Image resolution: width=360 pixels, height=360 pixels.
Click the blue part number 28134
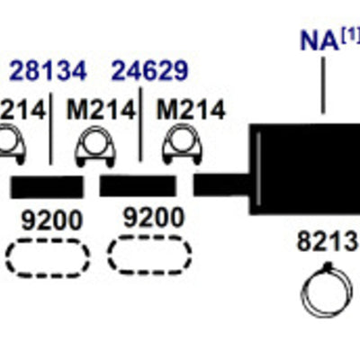pos(48,71)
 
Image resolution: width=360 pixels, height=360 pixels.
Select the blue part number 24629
pos(150,71)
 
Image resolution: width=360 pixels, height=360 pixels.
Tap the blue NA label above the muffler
pos(319,40)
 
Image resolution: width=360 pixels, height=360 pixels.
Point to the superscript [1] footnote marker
pos(350,37)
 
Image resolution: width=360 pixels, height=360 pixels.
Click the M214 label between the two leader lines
pos(102,110)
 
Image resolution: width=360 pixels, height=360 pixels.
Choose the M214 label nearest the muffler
pos(191,110)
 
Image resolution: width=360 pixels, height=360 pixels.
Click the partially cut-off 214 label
pos(22,110)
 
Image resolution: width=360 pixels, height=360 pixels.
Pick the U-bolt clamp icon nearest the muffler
pos(183,145)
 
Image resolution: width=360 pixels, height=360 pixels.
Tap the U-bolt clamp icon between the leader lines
pos(95,146)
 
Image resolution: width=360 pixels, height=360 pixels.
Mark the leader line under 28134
pos(50,129)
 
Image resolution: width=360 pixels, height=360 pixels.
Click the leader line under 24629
pos(140,124)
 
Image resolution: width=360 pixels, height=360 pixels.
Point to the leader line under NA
pos(323,85)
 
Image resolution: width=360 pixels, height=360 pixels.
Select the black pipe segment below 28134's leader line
pos(47,187)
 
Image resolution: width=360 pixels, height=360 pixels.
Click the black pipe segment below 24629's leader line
pos(138,185)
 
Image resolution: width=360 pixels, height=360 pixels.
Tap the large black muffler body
pos(305,169)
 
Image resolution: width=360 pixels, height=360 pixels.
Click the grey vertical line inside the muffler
pos(259,169)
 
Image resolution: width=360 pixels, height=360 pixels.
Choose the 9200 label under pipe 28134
pos(51,220)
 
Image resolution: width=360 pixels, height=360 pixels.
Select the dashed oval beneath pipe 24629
pos(149,255)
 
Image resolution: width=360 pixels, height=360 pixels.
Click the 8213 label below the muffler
pos(328,242)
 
